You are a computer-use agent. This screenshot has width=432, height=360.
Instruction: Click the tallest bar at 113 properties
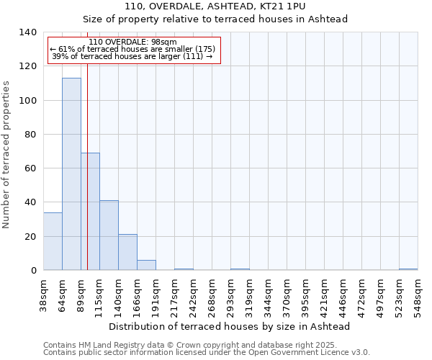pyautogui.click(x=71, y=174)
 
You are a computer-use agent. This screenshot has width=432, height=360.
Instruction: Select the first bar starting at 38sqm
pyautogui.click(x=53, y=241)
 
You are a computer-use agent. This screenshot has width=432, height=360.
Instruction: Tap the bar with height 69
pyautogui.click(x=90, y=211)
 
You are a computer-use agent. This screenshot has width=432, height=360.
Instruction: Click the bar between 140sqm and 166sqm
pyautogui.click(x=127, y=252)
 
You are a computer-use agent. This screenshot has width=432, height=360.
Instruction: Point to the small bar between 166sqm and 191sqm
pyautogui.click(x=146, y=265)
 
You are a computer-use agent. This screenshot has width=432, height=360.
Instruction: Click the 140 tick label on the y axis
pyautogui.click(x=28, y=32)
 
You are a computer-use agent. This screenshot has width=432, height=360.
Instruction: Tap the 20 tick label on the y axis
pyautogui.click(x=31, y=237)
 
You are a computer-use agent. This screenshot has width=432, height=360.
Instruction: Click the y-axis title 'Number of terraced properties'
pyautogui.click(x=7, y=154)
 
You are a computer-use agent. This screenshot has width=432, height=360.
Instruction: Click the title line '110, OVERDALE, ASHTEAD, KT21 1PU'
pyautogui.click(x=215, y=6)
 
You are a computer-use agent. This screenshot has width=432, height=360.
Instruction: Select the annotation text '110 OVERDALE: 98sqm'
pyautogui.click(x=132, y=42)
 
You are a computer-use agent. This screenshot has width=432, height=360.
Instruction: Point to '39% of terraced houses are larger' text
pyautogui.click(x=132, y=56)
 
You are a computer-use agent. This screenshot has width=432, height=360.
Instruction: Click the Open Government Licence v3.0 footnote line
pyautogui.click(x=207, y=353)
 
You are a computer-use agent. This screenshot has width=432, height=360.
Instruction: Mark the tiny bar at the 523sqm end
pyautogui.click(x=408, y=269)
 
